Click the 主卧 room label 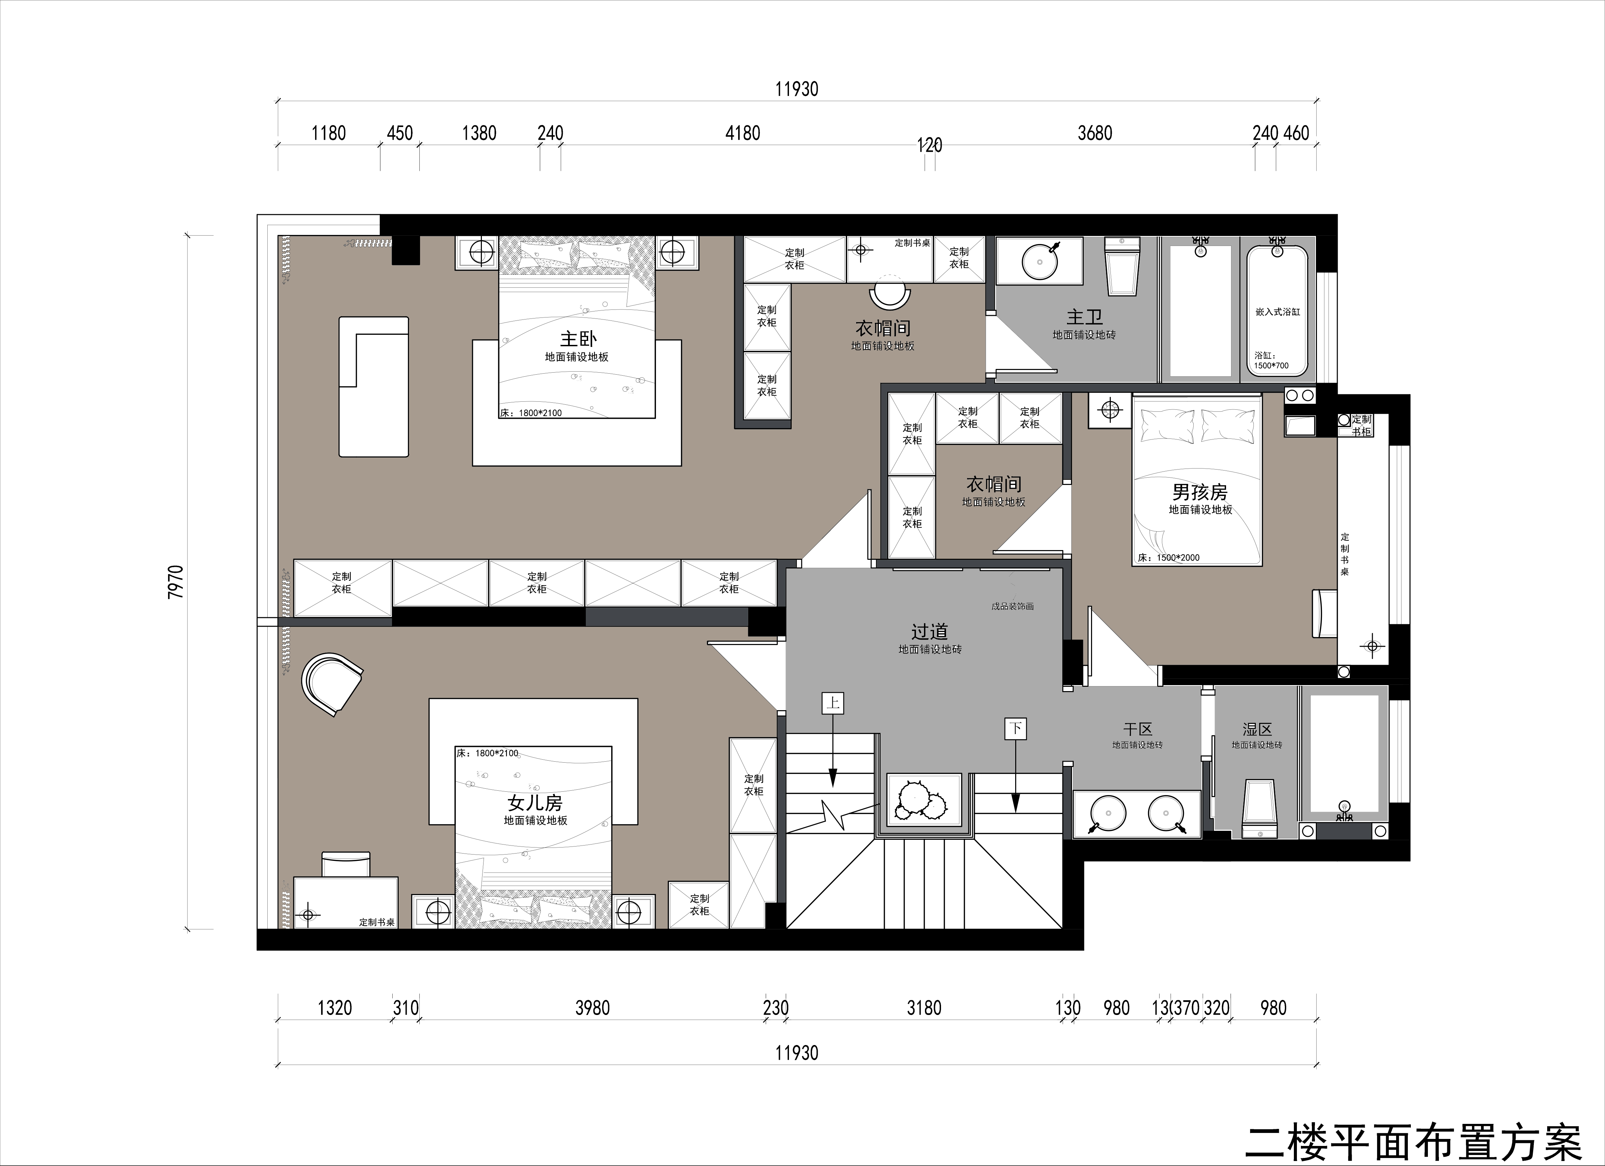click(578, 339)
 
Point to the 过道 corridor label click(929, 631)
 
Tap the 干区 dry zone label click(1138, 729)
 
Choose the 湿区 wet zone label click(1257, 729)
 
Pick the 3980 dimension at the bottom click(592, 1008)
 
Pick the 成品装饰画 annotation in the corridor click(1013, 606)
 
